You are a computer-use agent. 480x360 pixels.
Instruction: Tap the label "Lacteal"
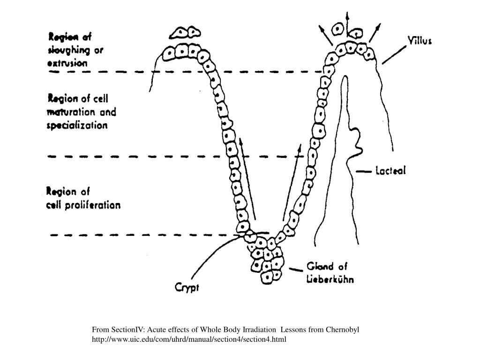391,171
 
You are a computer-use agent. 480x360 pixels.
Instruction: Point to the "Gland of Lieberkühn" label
330,273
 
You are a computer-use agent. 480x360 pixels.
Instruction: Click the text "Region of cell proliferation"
83,198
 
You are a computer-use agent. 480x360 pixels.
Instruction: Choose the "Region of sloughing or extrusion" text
76,50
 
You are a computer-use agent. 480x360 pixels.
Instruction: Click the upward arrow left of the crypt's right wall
291,182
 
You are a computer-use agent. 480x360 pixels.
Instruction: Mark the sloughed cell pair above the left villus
185,32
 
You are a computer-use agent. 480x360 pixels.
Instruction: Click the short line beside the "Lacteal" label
363,172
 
